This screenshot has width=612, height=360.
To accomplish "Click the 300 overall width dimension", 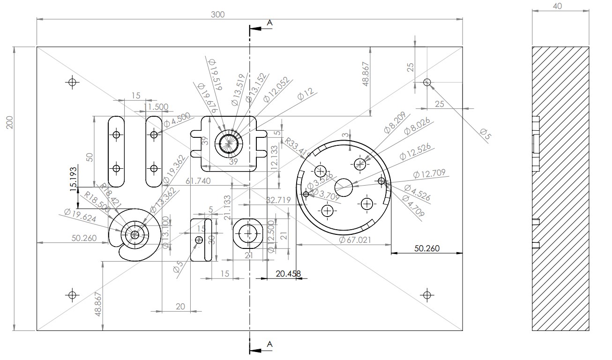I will pyautogui.click(x=217, y=15).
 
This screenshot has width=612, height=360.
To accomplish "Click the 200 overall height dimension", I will pyautogui.click(x=9, y=121).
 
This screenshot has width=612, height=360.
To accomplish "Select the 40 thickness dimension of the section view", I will pyautogui.click(x=557, y=7).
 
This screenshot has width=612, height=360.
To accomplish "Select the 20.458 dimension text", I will pyautogui.click(x=288, y=274).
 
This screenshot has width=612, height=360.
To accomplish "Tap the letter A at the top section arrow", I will pyautogui.click(x=269, y=22).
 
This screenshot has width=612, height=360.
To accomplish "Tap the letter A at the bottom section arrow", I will pyautogui.click(x=269, y=344).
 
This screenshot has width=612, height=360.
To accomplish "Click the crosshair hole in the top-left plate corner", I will pyautogui.click(x=72, y=82).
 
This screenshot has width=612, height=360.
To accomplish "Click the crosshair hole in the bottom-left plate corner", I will pyautogui.click(x=72, y=295).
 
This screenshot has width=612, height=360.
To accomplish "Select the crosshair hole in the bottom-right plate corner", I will pyautogui.click(x=426, y=295).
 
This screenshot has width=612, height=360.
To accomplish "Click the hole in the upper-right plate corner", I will pyautogui.click(x=426, y=82).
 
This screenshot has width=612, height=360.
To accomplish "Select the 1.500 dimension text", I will pyautogui.click(x=157, y=107).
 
